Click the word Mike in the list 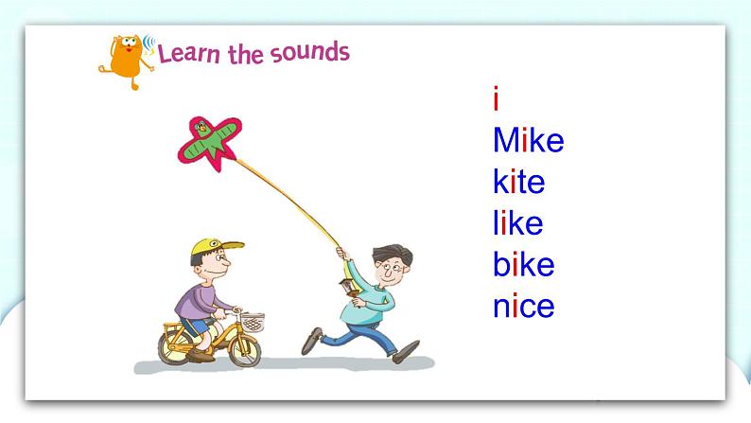pyautogui.click(x=529, y=140)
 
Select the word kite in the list pyautogui.click(x=518, y=182)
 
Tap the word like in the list pyautogui.click(x=517, y=222)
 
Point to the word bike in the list pyautogui.click(x=523, y=264)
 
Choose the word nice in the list pyautogui.click(x=523, y=306)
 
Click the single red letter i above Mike pyautogui.click(x=496, y=98)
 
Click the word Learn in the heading pyautogui.click(x=189, y=54)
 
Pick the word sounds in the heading pyautogui.click(x=310, y=52)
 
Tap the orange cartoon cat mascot pyautogui.click(x=127, y=61)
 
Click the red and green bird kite pyautogui.click(x=209, y=141)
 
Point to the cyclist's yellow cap pyautogui.click(x=215, y=247)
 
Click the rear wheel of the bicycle pyautogui.click(x=175, y=346)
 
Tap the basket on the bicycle pyautogui.click(x=252, y=323)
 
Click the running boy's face pyautogui.click(x=391, y=273)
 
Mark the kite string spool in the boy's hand pyautogui.click(x=349, y=289)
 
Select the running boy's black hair pyautogui.click(x=393, y=254)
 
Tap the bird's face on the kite pyautogui.click(x=202, y=127)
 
